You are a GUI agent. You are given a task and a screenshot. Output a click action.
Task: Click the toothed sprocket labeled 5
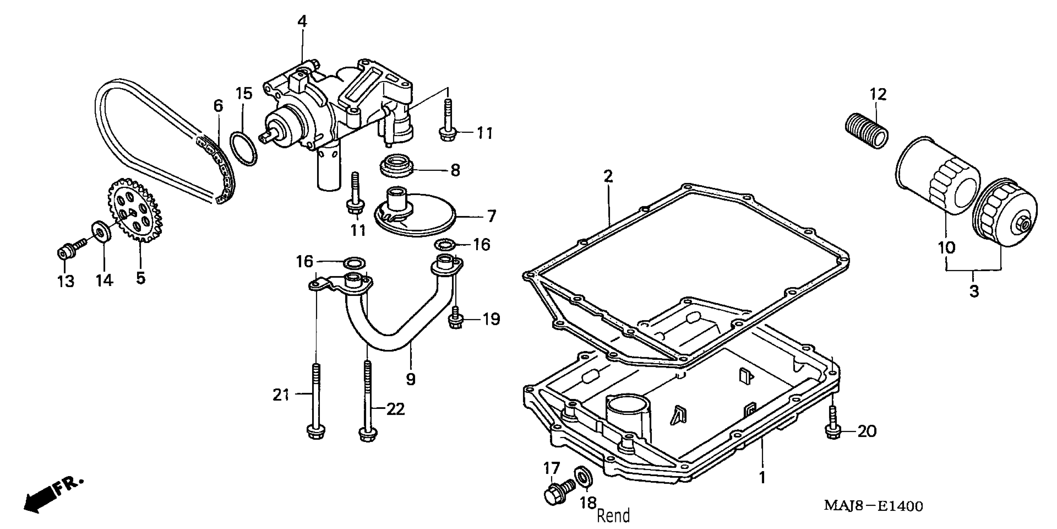(x=136, y=209)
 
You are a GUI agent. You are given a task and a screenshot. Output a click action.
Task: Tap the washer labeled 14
(x=101, y=232)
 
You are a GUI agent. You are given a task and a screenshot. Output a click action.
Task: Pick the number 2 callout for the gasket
(x=608, y=177)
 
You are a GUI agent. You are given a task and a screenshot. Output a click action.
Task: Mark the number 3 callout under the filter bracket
(x=974, y=291)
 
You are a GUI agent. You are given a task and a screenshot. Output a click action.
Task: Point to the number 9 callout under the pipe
(x=410, y=379)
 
